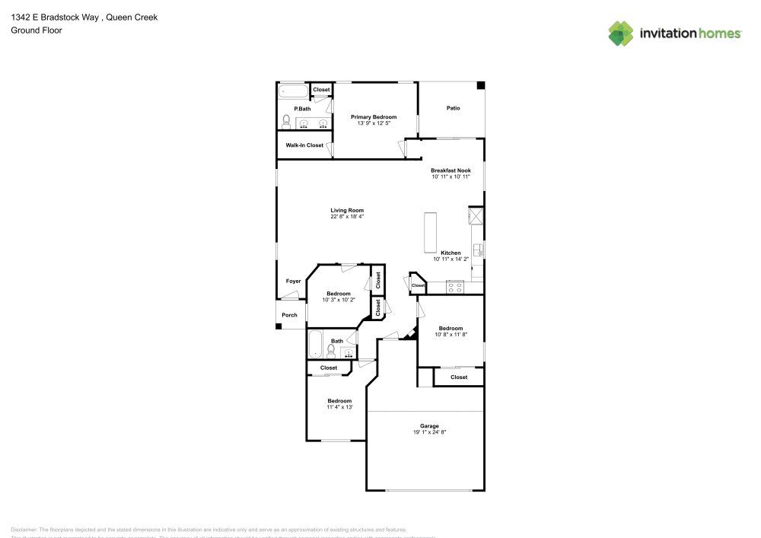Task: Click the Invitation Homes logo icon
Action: [x=621, y=33]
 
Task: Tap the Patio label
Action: [x=453, y=108]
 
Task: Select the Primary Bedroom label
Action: [x=374, y=117]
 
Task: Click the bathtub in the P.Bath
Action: [x=293, y=91]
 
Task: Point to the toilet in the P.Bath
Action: [x=286, y=121]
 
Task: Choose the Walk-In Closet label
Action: [x=304, y=145]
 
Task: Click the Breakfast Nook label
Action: [x=451, y=170]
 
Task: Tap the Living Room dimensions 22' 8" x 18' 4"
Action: [x=347, y=217]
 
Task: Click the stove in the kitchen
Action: [x=456, y=287]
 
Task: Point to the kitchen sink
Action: [x=477, y=250]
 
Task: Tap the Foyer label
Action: [x=293, y=282]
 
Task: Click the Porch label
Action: [x=289, y=315]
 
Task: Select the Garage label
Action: [x=429, y=426]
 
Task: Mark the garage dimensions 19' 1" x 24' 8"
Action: [x=429, y=432]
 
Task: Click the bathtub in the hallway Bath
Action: [x=315, y=345]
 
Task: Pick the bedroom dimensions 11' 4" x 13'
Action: [x=339, y=407]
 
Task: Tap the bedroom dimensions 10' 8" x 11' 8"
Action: [x=451, y=335]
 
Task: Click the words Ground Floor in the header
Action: [x=37, y=30]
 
